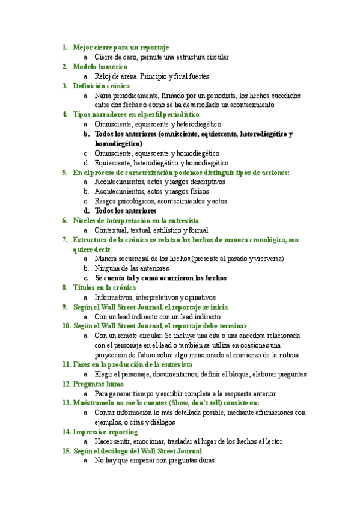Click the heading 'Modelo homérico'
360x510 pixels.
click(100, 67)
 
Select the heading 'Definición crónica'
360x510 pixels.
click(102, 86)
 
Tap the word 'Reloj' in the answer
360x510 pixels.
click(103, 76)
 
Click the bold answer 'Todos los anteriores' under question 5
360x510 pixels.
click(126, 211)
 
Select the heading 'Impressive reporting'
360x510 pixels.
click(105, 432)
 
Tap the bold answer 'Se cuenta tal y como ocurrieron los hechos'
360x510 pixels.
click(160, 278)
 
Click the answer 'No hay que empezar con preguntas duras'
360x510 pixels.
click(154, 461)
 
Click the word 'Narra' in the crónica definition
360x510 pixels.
click(103, 96)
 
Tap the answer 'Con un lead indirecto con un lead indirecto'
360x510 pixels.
click(157, 317)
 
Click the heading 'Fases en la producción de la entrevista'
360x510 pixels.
click(132, 364)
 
